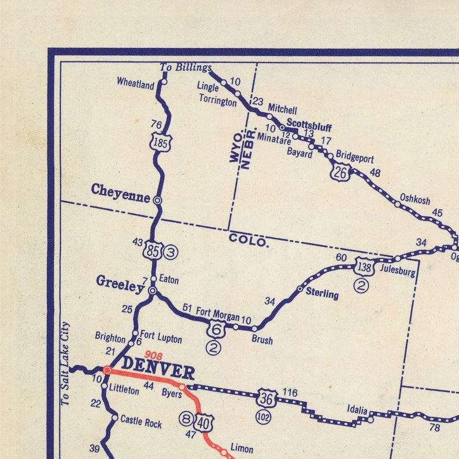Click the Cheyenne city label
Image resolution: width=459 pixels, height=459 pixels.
coord(120,190)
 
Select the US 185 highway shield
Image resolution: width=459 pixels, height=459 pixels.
coord(160,142)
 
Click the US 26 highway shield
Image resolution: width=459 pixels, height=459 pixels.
coord(342,172)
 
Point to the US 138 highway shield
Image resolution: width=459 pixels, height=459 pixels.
coord(364,266)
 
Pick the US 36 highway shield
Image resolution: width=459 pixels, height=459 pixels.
coord(266,398)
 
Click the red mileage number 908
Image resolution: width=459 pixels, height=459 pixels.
coord(153,355)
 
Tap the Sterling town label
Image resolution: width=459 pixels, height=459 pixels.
coord(322,293)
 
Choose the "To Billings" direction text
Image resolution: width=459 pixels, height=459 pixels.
coord(185,68)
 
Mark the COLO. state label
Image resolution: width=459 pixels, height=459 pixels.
coord(249,240)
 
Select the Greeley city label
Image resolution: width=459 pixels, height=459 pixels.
coord(120,283)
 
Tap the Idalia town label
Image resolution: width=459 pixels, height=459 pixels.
coord(357,410)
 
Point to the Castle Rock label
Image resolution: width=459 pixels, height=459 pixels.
coord(141,423)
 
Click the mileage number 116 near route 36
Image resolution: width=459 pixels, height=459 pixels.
coord(290,393)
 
